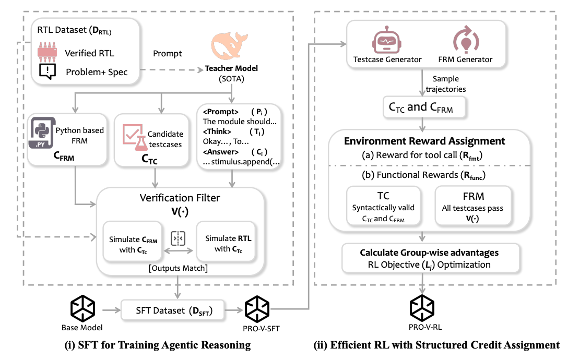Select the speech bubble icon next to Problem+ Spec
(48, 71)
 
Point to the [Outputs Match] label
(179, 268)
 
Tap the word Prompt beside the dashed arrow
(167, 54)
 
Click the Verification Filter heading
(179, 198)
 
